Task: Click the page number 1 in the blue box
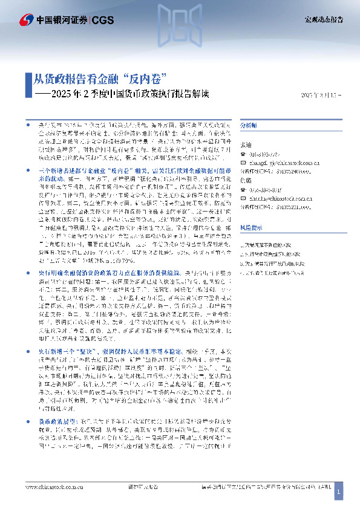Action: pyautogui.click(x=338, y=493)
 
